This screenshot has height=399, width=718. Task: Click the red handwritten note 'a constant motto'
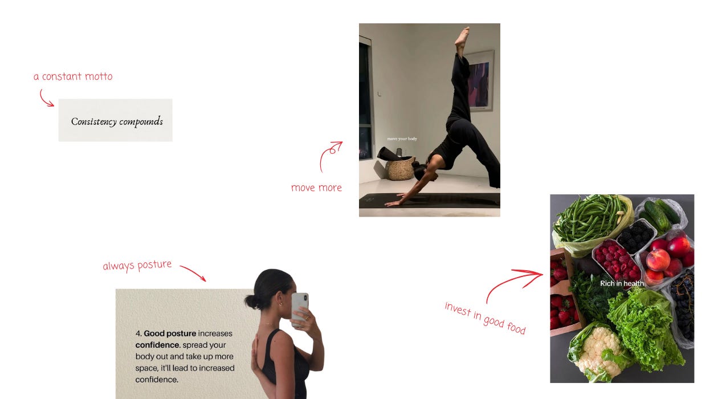pyautogui.click(x=73, y=76)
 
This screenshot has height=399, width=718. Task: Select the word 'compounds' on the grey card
pyautogui.click(x=141, y=121)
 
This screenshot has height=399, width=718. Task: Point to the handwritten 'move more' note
pyautogui.click(x=316, y=188)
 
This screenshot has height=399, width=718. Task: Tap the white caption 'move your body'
pyautogui.click(x=402, y=139)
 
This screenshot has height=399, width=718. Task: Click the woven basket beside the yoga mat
pyautogui.click(x=401, y=168)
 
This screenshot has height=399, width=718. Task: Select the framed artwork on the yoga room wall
pyautogui.click(x=480, y=81)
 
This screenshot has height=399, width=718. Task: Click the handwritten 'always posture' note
pyautogui.click(x=137, y=266)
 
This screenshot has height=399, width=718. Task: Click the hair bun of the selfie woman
pyautogui.click(x=252, y=302)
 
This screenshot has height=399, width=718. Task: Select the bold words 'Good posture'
pyautogui.click(x=170, y=333)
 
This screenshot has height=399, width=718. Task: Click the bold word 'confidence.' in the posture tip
pyautogui.click(x=158, y=345)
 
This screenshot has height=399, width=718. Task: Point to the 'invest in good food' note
pyautogui.click(x=485, y=318)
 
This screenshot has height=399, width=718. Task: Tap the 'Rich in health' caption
pyautogui.click(x=622, y=283)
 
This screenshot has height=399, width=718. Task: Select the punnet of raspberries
pyautogui.click(x=617, y=260)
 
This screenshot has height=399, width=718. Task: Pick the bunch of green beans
pyautogui.click(x=591, y=218)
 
